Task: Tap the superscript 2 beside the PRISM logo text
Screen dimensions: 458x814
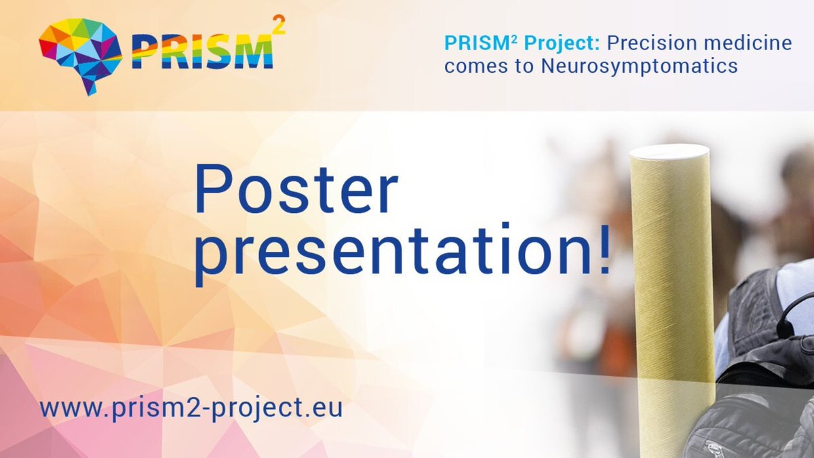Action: click(278, 25)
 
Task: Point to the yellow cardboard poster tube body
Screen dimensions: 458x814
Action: click(672, 285)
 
